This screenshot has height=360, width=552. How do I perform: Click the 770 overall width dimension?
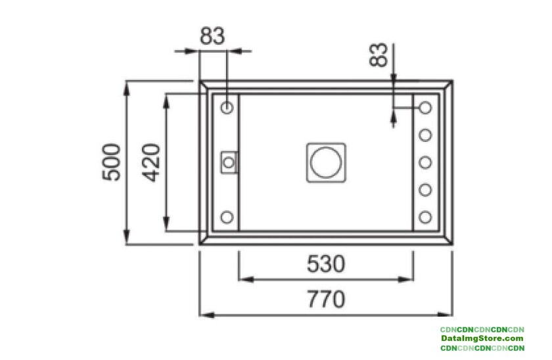(326, 300)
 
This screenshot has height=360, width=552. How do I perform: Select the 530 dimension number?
(326, 264)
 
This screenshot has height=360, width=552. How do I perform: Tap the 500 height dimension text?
(111, 162)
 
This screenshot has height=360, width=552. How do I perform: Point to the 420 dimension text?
(151, 162)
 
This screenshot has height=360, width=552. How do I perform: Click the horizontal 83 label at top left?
(212, 36)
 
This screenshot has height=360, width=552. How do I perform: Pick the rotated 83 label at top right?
(379, 55)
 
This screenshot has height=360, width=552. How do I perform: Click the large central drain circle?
(326, 162)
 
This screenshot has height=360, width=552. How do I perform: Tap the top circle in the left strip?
(227, 107)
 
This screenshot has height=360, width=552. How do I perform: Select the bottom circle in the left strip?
(227, 217)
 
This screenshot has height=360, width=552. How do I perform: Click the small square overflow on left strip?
(229, 162)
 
